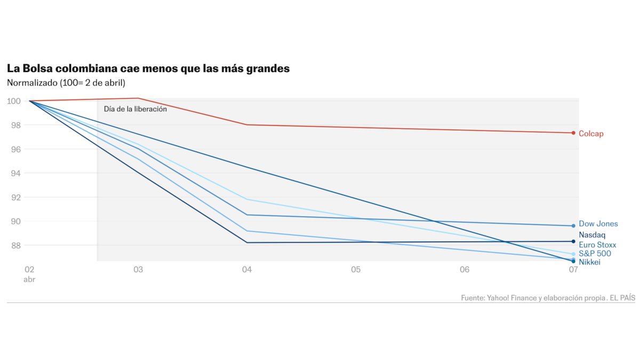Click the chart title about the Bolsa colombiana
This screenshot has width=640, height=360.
[148, 69]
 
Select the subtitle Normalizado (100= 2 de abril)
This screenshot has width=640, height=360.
[66, 83]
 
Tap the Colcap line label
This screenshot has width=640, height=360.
[591, 134]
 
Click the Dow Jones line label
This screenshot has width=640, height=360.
[598, 224]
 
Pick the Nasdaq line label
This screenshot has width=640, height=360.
[592, 235]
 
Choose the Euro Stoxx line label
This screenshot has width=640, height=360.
[597, 245]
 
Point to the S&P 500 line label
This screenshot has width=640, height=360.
[595, 254]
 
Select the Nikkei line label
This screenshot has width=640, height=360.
[589, 262]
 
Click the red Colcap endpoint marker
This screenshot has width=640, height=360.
[573, 133]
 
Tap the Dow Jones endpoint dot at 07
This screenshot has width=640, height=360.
[573, 226]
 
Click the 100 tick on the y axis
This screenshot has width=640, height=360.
[14, 101]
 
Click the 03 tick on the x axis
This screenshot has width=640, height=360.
[138, 270]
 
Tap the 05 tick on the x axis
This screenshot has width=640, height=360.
[356, 270]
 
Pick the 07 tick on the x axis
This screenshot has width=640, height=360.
[573, 270]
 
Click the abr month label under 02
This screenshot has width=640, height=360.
[29, 279]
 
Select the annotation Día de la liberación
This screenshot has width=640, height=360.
[135, 109]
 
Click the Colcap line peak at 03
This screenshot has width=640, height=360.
[138, 98]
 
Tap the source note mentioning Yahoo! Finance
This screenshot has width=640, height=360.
[548, 298]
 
